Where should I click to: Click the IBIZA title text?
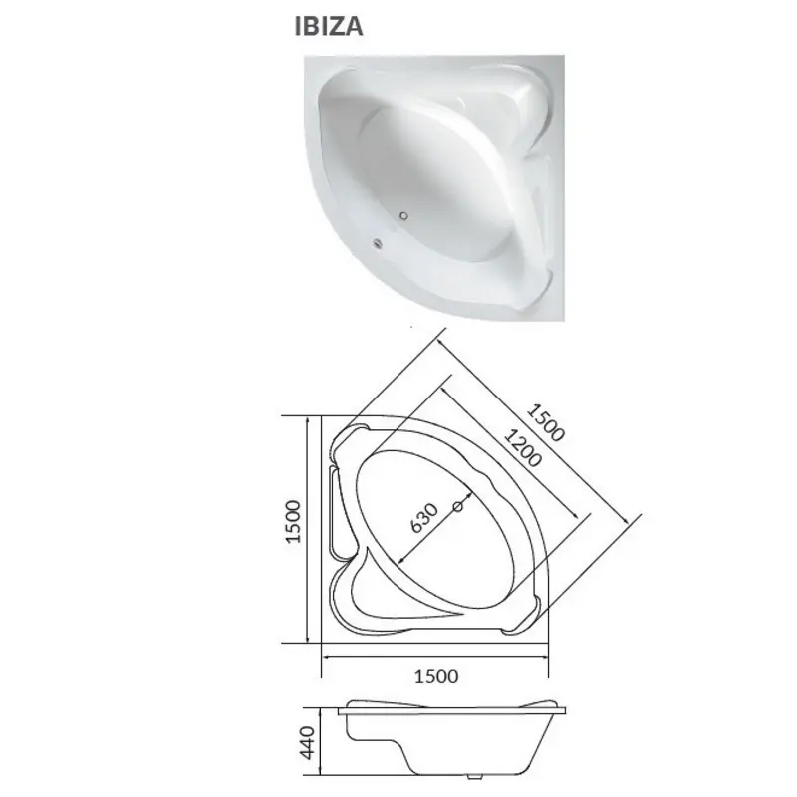coord(329,27)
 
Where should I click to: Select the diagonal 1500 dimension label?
coord(545,422)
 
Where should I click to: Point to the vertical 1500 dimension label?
coord(293,521)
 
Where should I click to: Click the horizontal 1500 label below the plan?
coord(436,676)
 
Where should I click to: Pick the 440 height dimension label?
coord(307,742)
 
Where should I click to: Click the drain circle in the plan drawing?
coord(458,506)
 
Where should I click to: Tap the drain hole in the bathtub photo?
coord(404,216)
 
